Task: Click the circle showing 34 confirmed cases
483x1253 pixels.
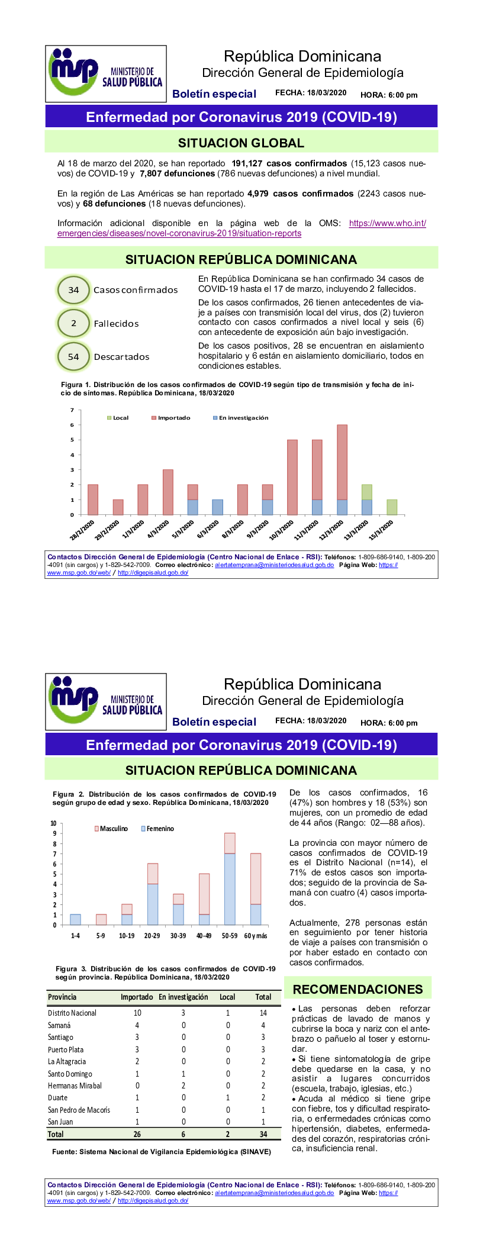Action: tap(73, 290)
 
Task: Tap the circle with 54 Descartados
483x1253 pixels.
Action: tap(73, 357)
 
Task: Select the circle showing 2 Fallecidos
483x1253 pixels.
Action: tap(73, 323)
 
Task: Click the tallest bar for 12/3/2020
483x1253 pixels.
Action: tap(342, 462)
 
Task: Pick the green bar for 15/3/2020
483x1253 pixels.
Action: tap(392, 507)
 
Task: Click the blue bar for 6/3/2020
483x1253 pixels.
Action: tap(217, 507)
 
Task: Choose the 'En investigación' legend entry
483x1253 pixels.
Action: tap(240, 418)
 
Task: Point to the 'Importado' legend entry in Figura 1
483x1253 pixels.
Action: tap(171, 418)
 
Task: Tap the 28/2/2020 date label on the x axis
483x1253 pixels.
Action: tap(83, 530)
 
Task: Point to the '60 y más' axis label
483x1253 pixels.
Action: tap(256, 936)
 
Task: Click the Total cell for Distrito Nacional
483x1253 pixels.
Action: tap(263, 1013)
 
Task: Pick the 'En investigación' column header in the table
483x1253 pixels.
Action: tap(183, 997)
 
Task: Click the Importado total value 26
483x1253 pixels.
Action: tap(137, 1134)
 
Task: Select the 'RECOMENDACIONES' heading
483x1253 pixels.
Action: tap(358, 989)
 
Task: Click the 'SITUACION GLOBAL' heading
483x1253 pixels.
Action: tap(241, 143)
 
